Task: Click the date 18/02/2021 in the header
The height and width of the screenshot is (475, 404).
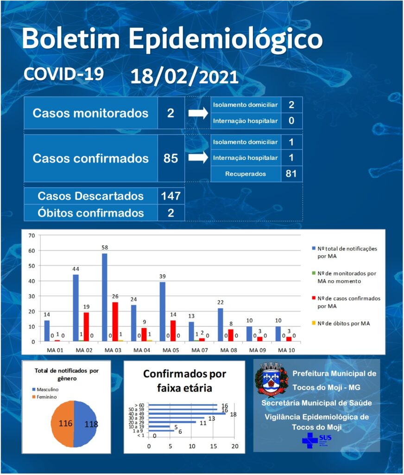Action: pos(184,77)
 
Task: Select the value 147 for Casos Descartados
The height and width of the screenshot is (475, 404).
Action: pos(171,196)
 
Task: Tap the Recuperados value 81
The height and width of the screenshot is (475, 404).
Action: pos(291,173)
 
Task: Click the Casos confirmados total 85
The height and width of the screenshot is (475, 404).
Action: pos(170,158)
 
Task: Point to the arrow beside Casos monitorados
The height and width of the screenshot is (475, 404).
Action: pos(198,113)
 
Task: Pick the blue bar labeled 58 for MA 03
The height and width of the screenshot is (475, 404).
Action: pos(104,297)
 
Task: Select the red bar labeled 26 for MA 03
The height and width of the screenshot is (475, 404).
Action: pos(115,322)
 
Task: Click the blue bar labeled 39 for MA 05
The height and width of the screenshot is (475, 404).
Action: pos(163,312)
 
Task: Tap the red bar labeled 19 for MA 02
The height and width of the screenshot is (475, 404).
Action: pos(86,327)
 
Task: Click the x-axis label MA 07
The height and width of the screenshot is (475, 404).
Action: pos(200,350)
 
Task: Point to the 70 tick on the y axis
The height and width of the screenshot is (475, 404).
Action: pos(32,235)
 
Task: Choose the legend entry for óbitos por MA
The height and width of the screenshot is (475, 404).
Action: pos(341,323)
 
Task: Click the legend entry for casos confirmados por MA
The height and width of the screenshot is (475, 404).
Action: pos(346,302)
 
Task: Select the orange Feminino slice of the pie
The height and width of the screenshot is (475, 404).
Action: pos(63,424)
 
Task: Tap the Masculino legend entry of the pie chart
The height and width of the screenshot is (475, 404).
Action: pos(45,389)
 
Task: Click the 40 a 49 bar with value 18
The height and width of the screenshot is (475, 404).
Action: pos(187,413)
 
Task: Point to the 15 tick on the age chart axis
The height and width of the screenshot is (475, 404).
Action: pos(213,446)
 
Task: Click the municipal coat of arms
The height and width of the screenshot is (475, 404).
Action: pos(271,379)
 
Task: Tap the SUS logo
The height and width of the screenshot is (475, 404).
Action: pos(317,440)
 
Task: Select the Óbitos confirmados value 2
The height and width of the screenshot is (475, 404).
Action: pos(171,212)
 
